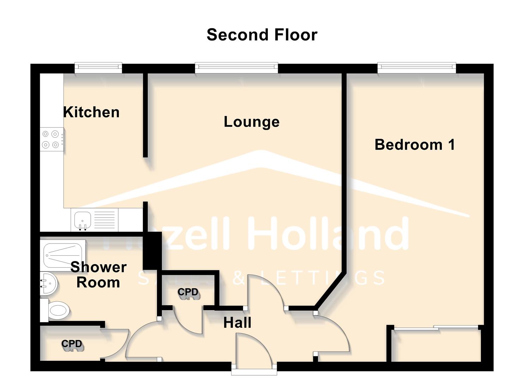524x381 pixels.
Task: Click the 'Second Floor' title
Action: coord(262,35)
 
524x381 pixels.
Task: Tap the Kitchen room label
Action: coord(91,112)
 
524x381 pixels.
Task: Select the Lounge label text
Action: coord(252,122)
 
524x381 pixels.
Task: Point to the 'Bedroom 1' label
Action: coord(415,145)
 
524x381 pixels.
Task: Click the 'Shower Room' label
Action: coord(98,275)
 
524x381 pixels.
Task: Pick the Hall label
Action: coord(237,323)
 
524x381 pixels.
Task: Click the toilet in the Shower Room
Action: coord(56,311)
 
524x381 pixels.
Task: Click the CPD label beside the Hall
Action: coord(188,292)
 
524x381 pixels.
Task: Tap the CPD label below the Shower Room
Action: coord(72,344)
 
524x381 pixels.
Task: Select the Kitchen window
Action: coord(98,68)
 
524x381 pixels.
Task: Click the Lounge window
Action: coord(236,68)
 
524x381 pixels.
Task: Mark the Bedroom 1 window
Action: coord(416,68)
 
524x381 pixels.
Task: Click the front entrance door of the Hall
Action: coord(254,353)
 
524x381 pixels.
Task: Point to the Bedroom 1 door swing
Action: coord(332,333)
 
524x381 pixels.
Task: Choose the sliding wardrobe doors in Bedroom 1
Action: coord(436,328)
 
